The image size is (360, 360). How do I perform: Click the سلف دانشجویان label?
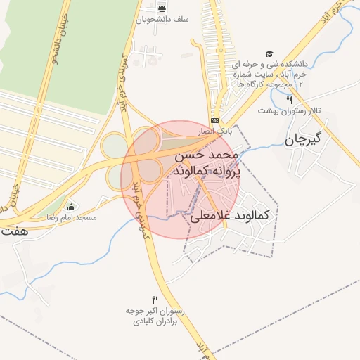[162, 20]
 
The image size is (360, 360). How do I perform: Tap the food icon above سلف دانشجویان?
[162, 8]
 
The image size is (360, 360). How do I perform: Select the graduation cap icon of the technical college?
[269, 53]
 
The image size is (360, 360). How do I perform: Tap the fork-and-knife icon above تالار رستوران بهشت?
[289, 101]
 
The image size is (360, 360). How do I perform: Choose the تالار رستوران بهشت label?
[289, 110]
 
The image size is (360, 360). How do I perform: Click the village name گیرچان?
[303, 139]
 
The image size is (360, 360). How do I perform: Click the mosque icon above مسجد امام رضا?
[70, 207]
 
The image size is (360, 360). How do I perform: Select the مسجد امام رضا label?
[72, 218]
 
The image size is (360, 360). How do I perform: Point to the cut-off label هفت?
[14, 230]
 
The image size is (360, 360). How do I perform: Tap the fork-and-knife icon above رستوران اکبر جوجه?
[155, 299]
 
